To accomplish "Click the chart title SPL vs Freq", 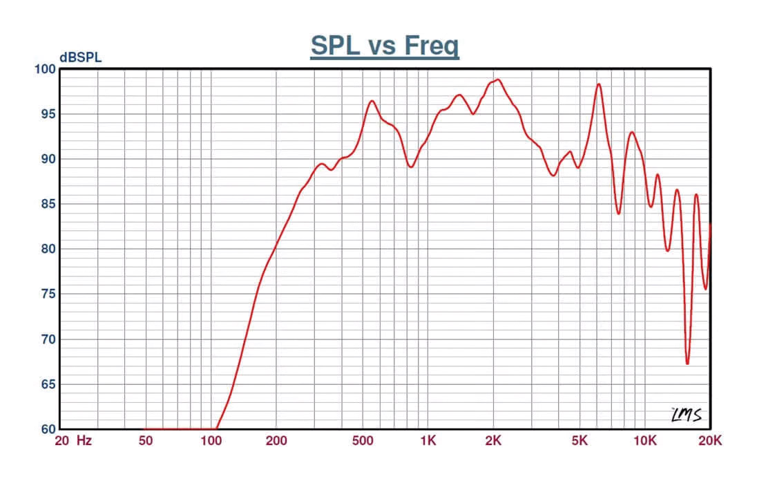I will (385, 46).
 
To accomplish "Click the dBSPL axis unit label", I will (80, 58).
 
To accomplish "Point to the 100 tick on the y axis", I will (44, 69).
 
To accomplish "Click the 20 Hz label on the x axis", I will (73, 441).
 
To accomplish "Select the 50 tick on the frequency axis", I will (145, 441).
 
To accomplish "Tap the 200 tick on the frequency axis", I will (276, 441).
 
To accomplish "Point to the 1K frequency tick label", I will (428, 441).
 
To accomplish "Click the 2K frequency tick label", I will (493, 441).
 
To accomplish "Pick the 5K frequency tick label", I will (579, 441).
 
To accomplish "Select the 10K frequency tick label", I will (645, 441).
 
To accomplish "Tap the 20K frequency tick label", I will (710, 441).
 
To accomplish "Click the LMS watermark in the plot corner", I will (687, 415).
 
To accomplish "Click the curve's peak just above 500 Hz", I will (372, 101).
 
